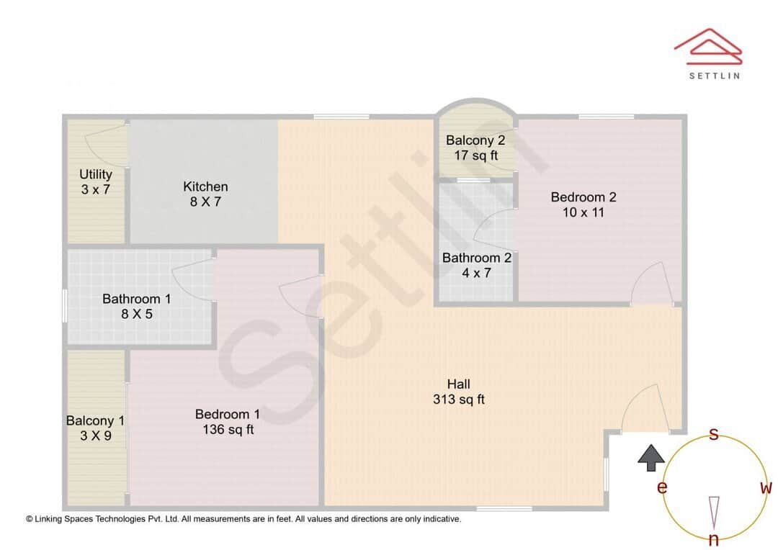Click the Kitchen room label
205,187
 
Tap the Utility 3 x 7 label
96,181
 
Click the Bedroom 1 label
227,414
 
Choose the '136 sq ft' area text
228,430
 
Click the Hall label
458,384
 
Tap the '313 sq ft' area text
458,400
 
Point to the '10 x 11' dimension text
583,212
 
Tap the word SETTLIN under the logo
713,75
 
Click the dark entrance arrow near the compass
651,457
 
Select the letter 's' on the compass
713,434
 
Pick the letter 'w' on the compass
766,487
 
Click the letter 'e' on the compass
661,488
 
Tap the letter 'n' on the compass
714,539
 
